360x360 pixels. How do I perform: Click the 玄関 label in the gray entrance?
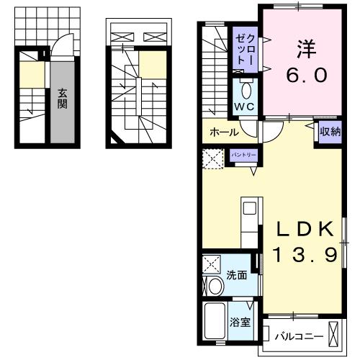pos(63,99)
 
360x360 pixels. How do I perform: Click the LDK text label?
pos(306,230)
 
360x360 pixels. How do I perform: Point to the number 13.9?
pos(306,255)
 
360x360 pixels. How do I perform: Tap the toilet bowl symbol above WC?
pos(245,90)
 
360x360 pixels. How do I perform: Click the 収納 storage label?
pos(330,131)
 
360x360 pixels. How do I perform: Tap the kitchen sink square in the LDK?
pos(249,209)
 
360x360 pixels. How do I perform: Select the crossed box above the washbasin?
pos(212,264)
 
